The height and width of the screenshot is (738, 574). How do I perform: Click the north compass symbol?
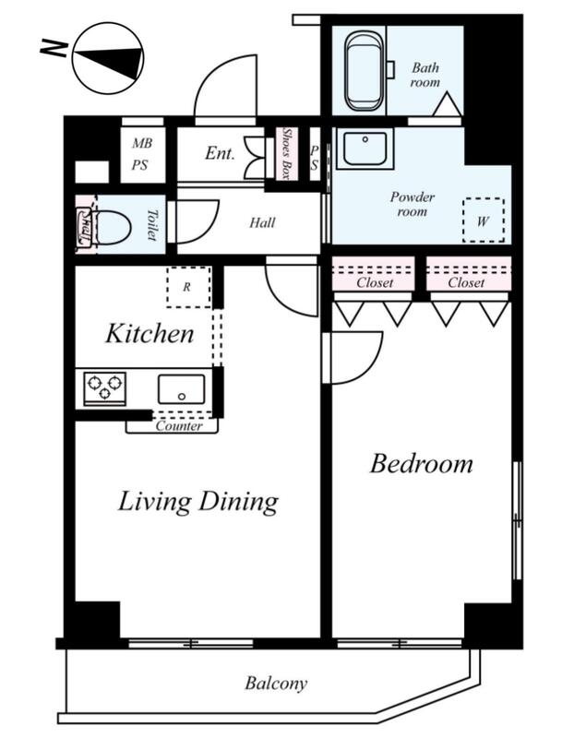(108, 58)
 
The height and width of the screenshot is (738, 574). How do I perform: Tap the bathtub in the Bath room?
(363, 72)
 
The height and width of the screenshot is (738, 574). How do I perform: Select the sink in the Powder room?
(365, 149)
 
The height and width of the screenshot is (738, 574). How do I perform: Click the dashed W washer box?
(484, 220)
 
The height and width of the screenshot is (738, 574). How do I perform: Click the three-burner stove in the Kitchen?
(104, 387)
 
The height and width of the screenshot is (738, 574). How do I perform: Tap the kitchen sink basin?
(181, 388)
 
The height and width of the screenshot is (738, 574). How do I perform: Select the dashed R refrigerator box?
(188, 287)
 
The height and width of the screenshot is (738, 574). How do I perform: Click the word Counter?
(179, 426)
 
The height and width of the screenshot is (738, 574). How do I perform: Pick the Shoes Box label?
(285, 153)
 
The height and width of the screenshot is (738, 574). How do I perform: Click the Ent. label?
(220, 153)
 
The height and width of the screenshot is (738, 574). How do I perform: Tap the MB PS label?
(140, 153)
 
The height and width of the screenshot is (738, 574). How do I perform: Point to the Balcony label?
(276, 683)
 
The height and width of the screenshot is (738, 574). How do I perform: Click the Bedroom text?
(422, 464)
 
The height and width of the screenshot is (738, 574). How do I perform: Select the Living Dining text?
(197, 502)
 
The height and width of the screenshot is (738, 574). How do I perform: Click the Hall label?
(262, 222)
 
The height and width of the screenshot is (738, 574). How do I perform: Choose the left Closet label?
(375, 282)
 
